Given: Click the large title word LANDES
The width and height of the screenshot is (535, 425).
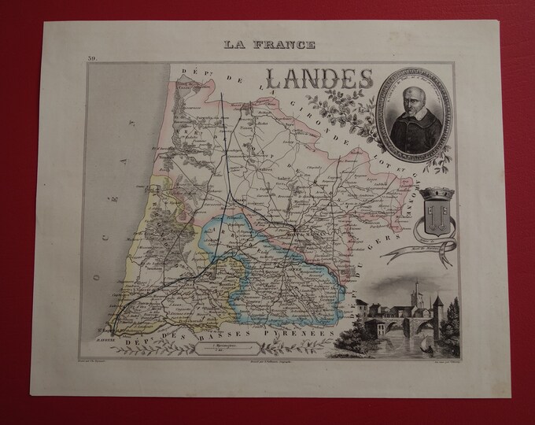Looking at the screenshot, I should click(319, 78).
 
